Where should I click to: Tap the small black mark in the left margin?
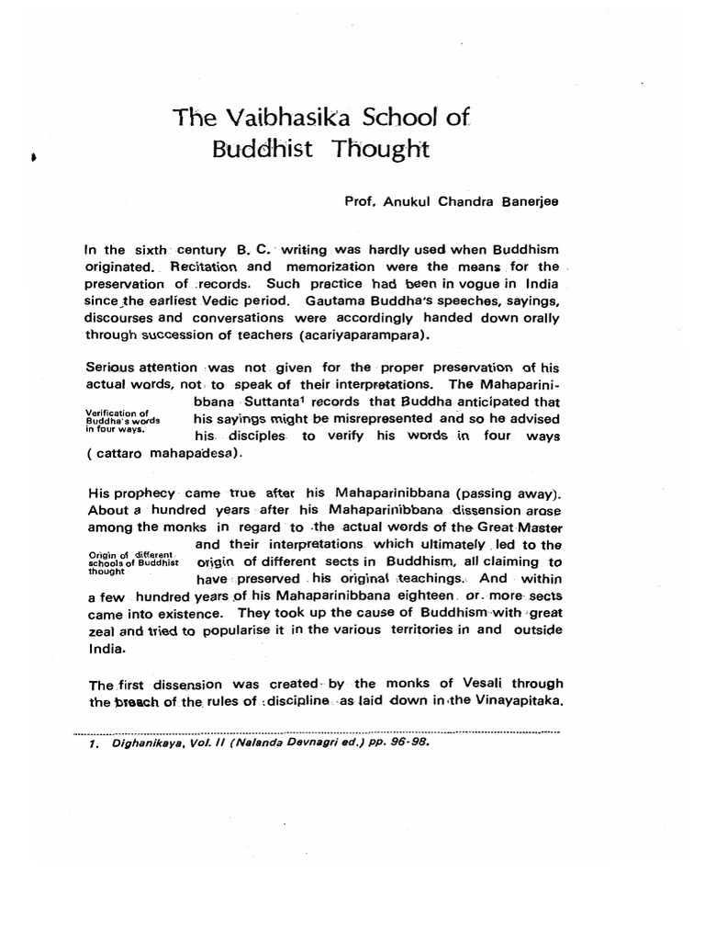[x=35, y=157]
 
